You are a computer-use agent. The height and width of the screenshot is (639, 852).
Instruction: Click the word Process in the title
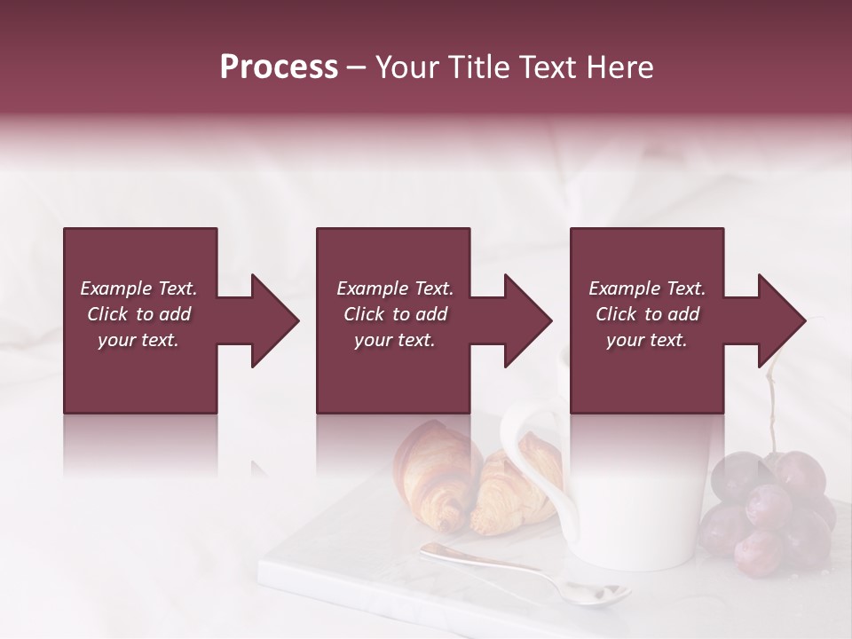[279, 67]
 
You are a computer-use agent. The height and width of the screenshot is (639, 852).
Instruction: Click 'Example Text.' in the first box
[138, 288]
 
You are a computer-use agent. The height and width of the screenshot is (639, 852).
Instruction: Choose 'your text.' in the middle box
[394, 340]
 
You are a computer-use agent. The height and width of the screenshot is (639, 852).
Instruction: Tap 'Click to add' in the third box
[647, 314]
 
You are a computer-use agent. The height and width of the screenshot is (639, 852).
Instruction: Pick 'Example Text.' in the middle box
[394, 288]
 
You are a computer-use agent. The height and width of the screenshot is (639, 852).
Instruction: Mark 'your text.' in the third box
[647, 340]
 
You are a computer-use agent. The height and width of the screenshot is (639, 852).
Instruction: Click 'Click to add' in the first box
[138, 314]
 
